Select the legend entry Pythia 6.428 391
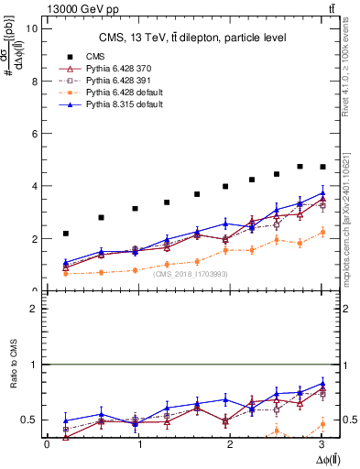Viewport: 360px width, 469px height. pos(119,82)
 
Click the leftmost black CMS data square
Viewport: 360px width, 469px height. pos(65,234)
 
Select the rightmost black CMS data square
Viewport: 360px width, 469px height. pos(322,167)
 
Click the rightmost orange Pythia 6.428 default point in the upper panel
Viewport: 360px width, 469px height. pos(322,233)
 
